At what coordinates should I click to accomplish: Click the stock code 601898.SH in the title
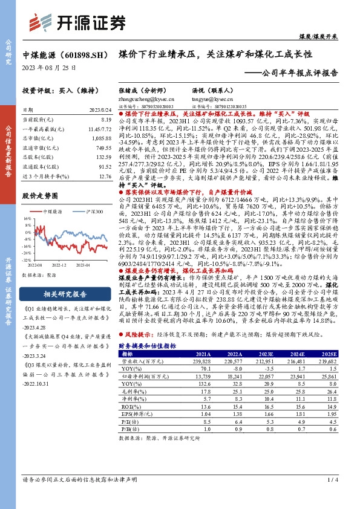coord(79,54)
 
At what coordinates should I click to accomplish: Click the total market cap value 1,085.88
coord(102,138)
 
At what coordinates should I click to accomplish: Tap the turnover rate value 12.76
coord(104,177)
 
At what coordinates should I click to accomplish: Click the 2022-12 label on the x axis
coord(59,264)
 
